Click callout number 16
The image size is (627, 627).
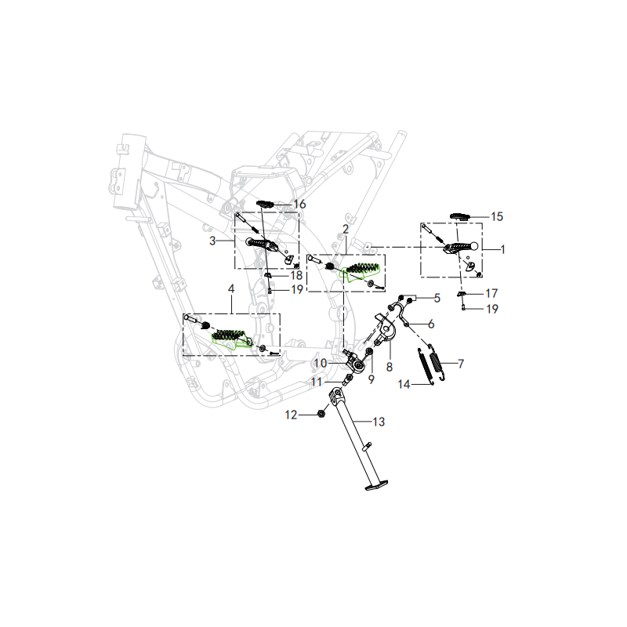[299, 205]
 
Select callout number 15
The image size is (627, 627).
[497, 217]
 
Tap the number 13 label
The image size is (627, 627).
[379, 422]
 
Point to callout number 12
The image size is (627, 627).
[291, 415]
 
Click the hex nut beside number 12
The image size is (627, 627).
[321, 414]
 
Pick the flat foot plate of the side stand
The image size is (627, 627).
[377, 485]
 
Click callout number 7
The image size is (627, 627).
[461, 364]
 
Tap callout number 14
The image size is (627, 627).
[404, 384]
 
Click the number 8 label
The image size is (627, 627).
[390, 367]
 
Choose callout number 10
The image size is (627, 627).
[321, 363]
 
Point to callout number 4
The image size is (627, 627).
[231, 288]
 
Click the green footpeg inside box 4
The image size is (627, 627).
[232, 339]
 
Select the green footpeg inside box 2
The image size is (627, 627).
[362, 270]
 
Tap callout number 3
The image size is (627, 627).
[212, 241]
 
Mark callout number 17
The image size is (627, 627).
[491, 293]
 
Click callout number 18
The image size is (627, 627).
[296, 275]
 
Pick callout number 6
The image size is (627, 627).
[431, 324]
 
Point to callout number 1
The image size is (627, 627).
[502, 249]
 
